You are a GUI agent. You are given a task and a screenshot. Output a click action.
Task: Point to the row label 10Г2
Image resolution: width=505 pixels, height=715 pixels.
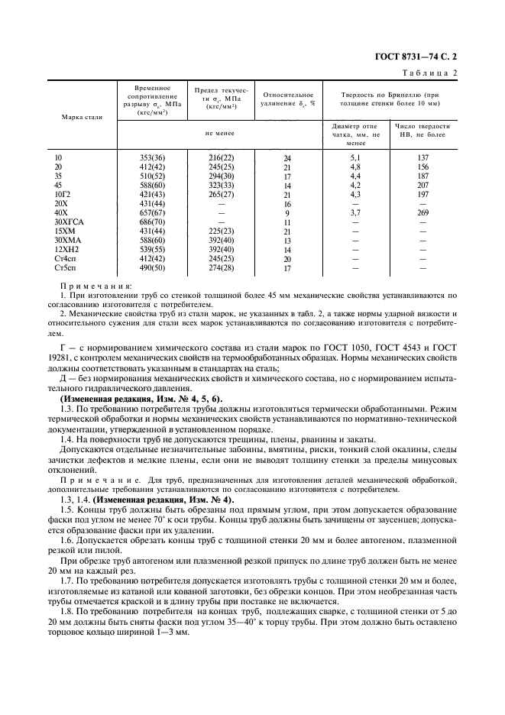(63, 194)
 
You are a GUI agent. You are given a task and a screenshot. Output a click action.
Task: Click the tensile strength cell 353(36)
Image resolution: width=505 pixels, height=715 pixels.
(152, 157)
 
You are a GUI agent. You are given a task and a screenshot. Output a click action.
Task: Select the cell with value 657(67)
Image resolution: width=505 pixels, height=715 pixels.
(152, 212)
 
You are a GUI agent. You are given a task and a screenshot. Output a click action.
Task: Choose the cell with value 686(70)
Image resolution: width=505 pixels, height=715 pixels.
(152, 222)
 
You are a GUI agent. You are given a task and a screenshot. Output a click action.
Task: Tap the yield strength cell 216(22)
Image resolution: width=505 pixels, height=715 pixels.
(221, 157)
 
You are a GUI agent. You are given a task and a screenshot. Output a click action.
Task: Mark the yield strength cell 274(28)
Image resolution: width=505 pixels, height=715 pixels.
(221, 268)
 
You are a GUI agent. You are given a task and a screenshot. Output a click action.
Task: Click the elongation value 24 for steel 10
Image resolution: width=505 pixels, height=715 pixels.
(287, 158)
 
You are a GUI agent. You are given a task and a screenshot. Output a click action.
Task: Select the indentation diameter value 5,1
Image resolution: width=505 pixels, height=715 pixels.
(355, 157)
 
